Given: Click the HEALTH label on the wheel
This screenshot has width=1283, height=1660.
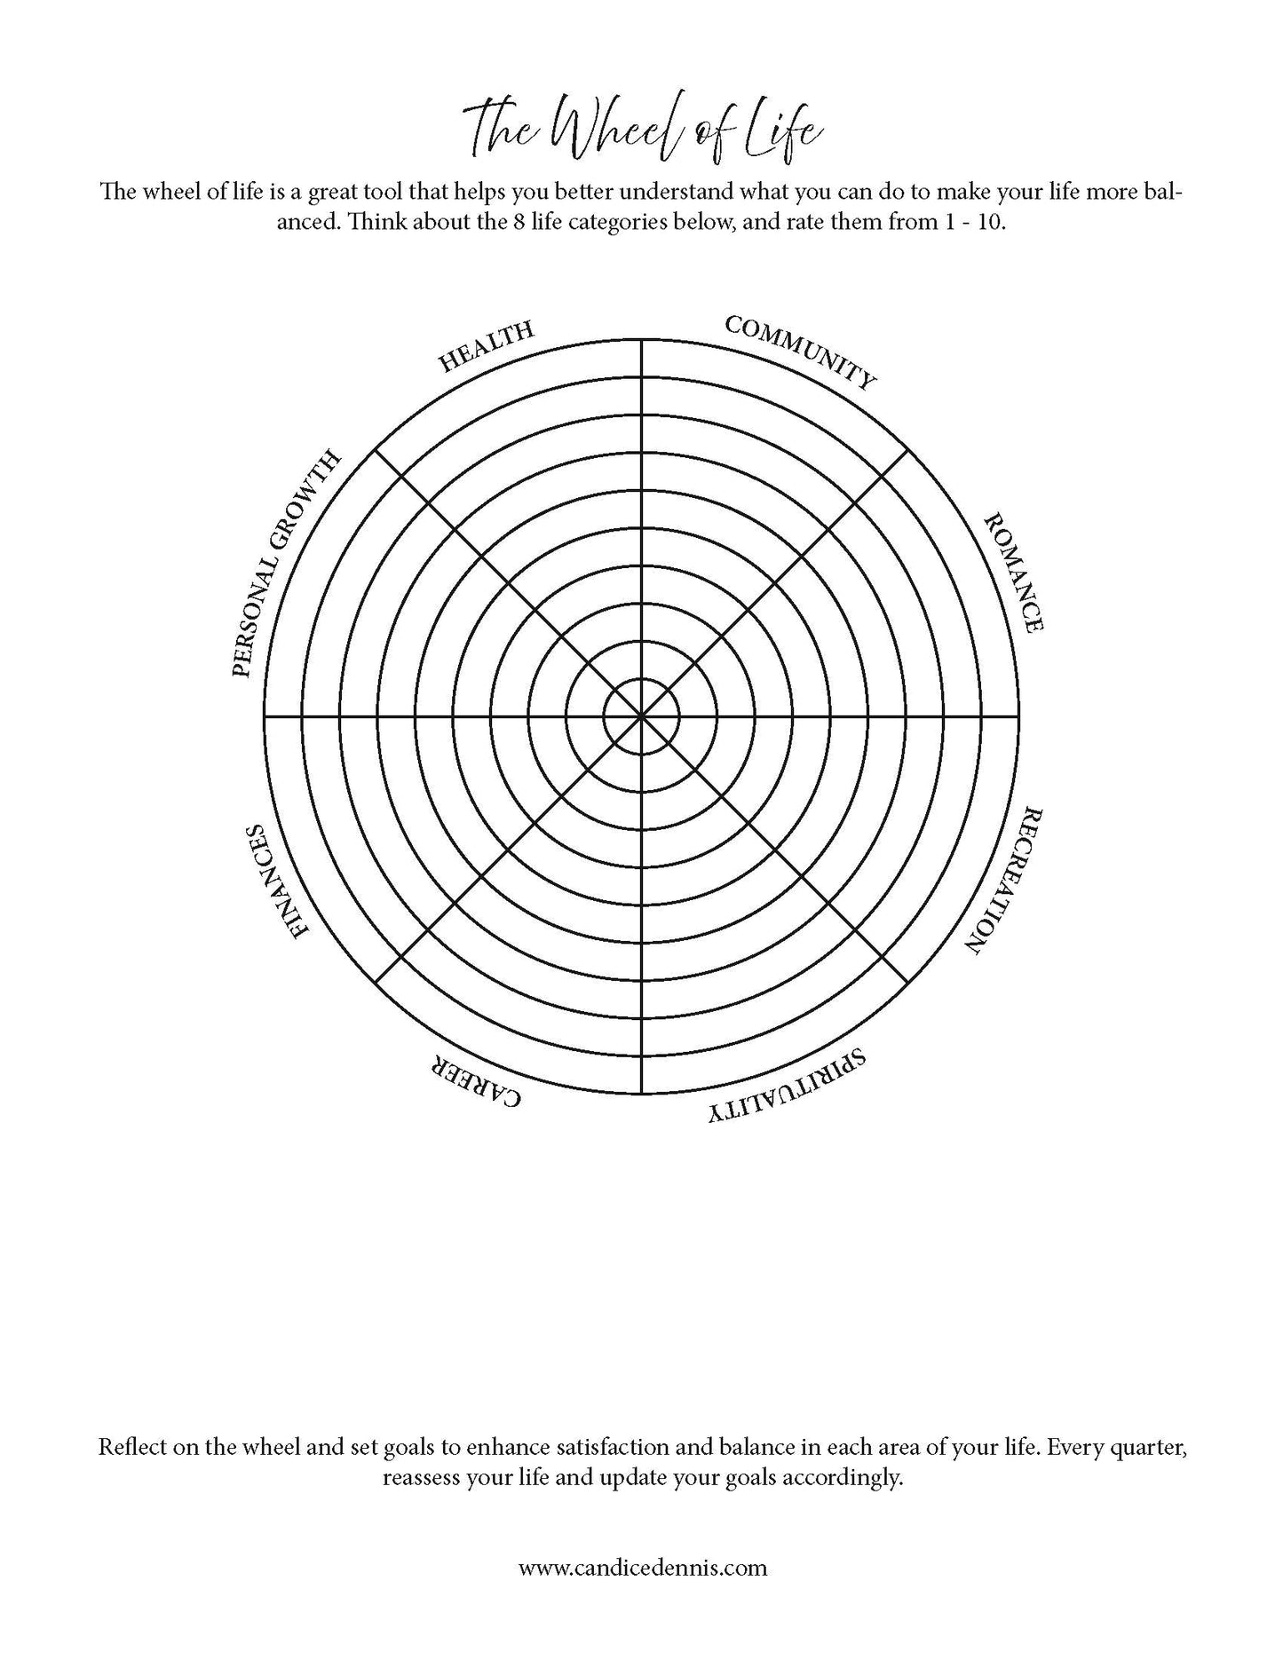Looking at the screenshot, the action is click(x=486, y=345).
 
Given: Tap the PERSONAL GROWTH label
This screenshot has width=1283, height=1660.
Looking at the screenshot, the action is click(x=285, y=564).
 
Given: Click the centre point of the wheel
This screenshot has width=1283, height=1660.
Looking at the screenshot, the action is click(x=641, y=715).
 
